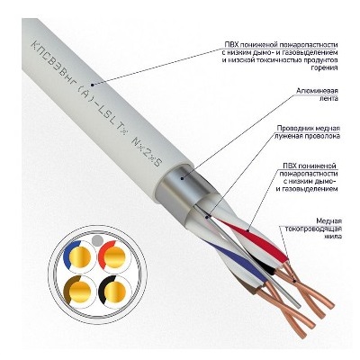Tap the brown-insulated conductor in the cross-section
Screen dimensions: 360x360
pyautogui.click(x=77, y=291)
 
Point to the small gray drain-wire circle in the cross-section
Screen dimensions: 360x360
pyautogui.click(x=97, y=239)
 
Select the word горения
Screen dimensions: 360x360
pyautogui.click(x=327, y=68)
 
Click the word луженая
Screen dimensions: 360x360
pyautogui.click(x=288, y=136)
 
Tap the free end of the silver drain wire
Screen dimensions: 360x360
pyautogui.click(x=299, y=306)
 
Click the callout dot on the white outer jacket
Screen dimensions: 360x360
pyautogui.click(x=93, y=85)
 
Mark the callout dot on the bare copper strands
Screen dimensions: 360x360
pyautogui.click(x=295, y=281)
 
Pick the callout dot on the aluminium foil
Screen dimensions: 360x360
pyautogui.click(x=182, y=178)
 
